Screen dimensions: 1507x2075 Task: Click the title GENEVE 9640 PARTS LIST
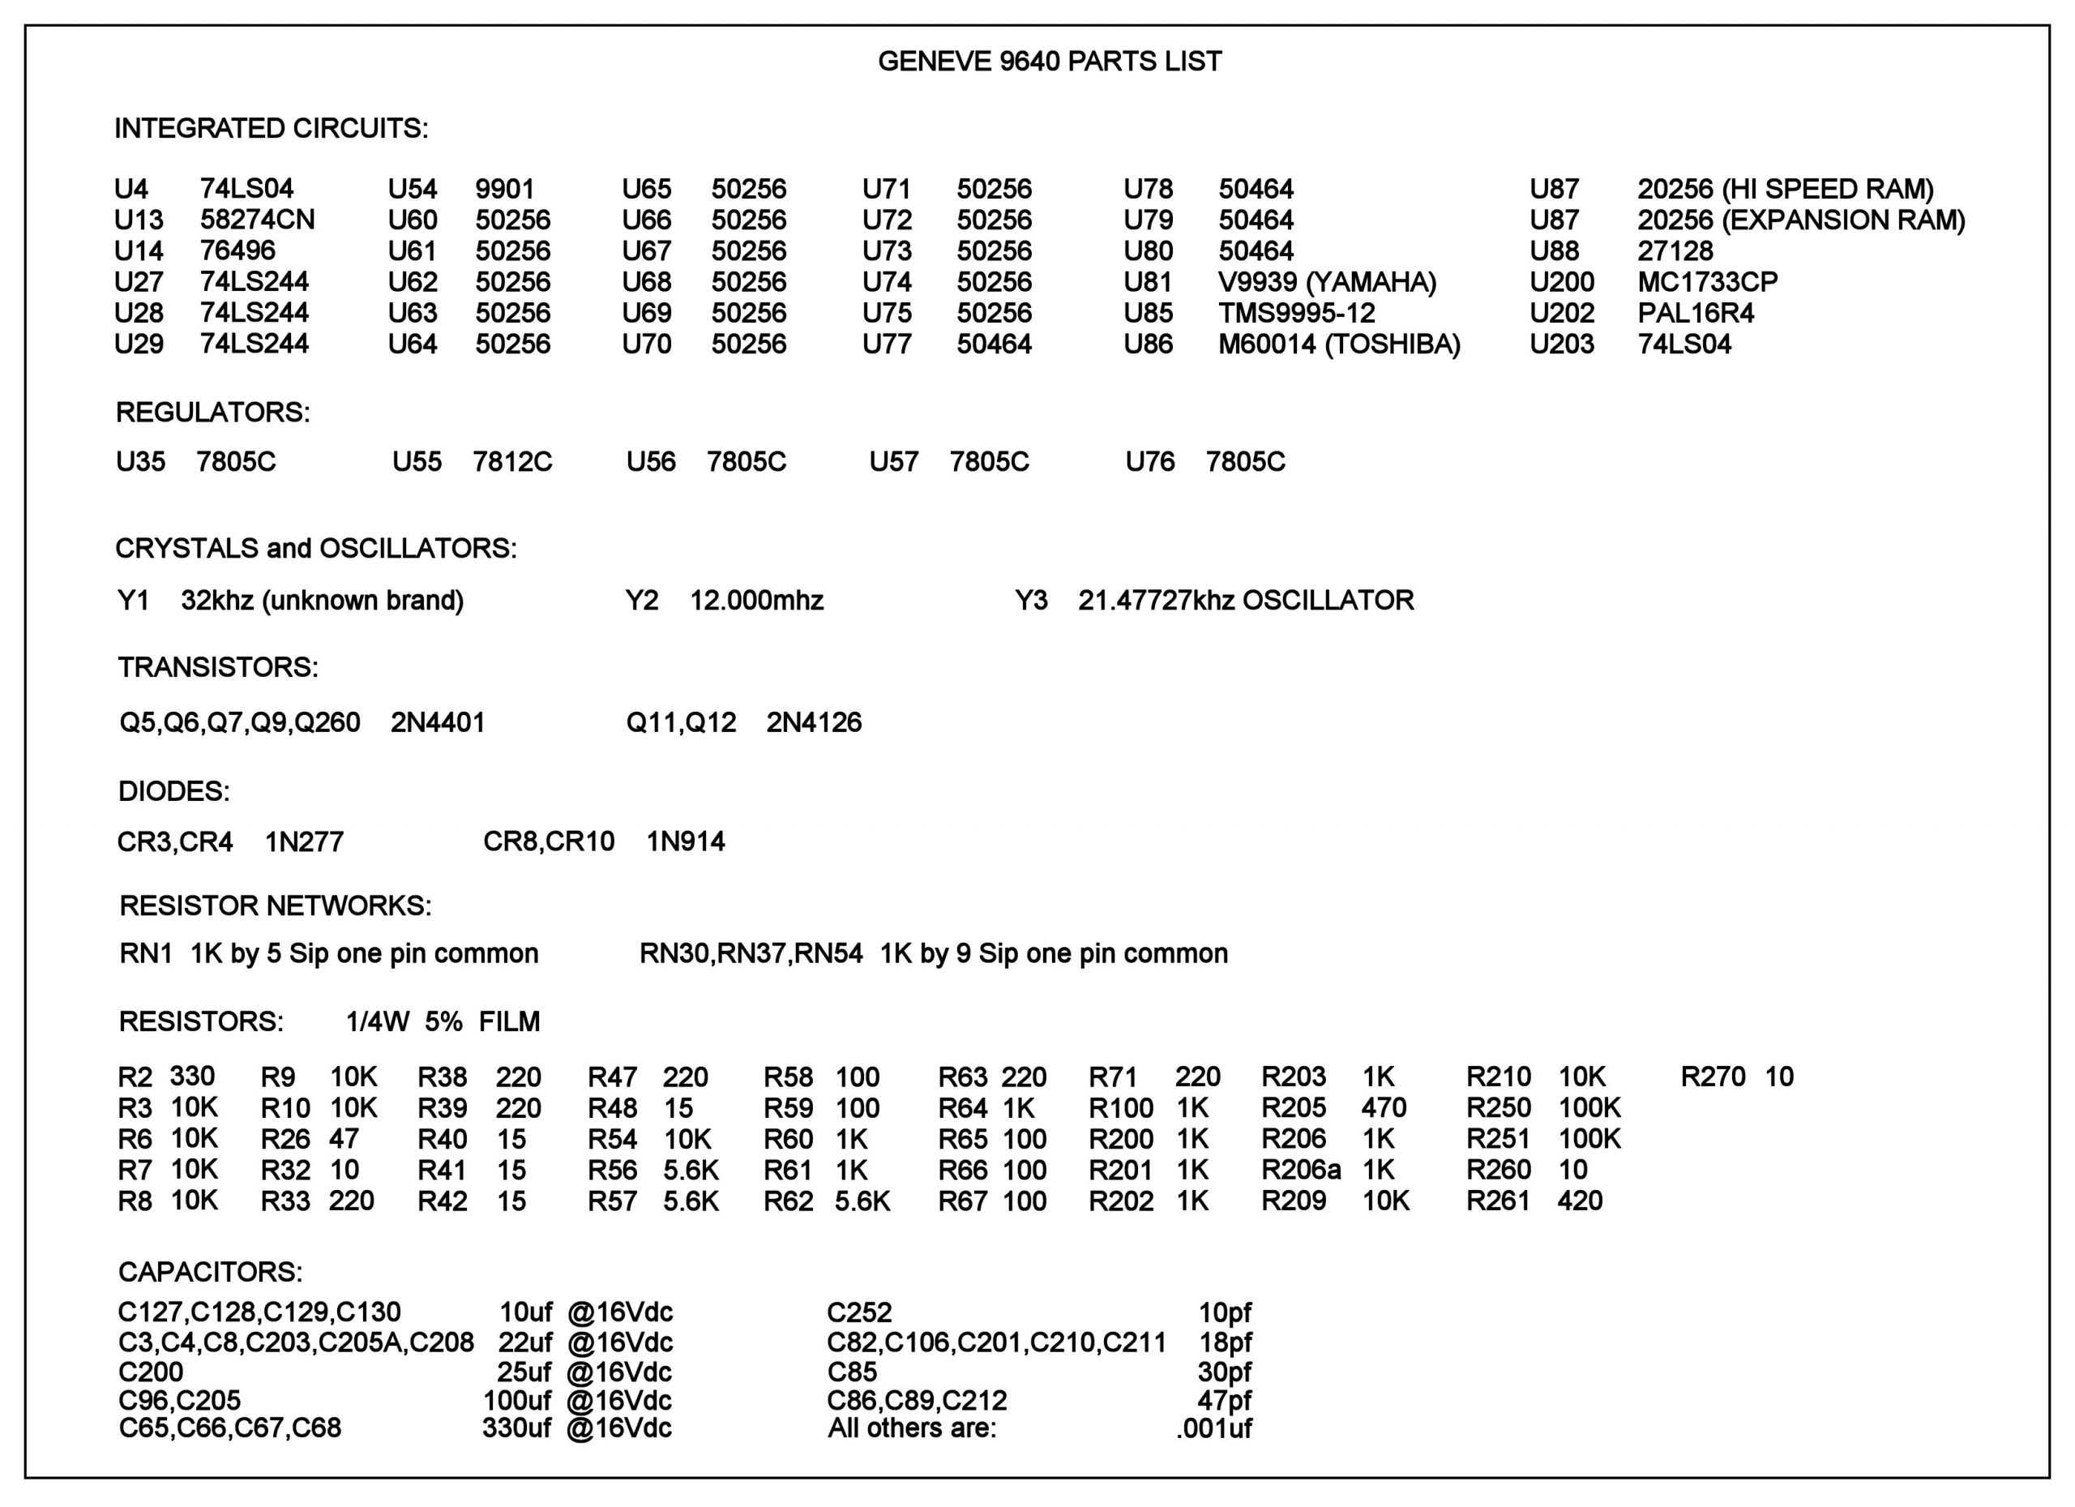[1050, 62]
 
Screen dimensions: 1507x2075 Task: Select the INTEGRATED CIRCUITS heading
[271, 128]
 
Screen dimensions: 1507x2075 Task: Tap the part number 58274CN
[257, 220]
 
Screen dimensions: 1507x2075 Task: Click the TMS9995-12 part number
[1296, 313]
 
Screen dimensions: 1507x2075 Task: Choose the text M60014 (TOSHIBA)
[1338, 344]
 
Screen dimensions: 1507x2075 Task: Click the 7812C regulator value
[512, 461]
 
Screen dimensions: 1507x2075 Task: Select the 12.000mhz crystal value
[756, 600]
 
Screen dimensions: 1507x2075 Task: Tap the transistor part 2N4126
[813, 723]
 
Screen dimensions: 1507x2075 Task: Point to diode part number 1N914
[685, 841]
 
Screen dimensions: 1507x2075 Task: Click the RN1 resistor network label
[145, 953]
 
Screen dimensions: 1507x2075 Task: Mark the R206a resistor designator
[1301, 1170]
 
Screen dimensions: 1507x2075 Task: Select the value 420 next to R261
[1580, 1201]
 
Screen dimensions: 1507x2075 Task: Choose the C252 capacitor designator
[859, 1312]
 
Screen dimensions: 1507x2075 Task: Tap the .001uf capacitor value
[1213, 1428]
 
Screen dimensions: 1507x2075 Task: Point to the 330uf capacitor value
[516, 1428]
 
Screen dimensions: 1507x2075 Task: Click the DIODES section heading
[173, 791]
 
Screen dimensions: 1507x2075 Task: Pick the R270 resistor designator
[1713, 1076]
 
